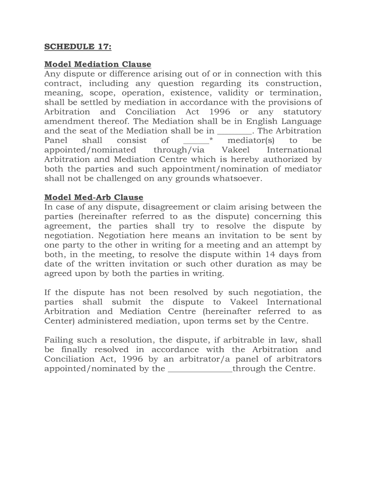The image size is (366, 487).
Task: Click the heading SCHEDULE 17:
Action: coord(77,47)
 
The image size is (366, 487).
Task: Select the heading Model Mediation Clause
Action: coord(97,64)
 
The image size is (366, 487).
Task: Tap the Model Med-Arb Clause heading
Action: coord(94,197)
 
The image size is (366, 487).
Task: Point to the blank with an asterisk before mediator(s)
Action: coord(197,141)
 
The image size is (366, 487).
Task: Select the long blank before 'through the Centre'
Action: coord(200,369)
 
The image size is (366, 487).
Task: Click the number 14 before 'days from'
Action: coord(270,254)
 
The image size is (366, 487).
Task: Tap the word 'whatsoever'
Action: coord(235,178)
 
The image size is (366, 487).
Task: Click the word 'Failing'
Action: coord(59,340)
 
